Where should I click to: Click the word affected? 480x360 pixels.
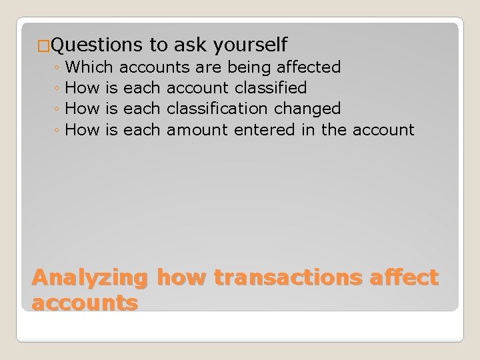[307, 67]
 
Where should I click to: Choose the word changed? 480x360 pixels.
[307, 108]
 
